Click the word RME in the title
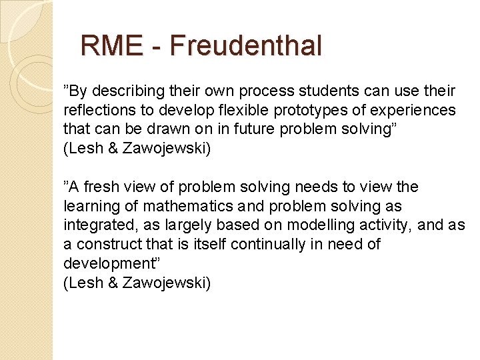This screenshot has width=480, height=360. coord(111,45)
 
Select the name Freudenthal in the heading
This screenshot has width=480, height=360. coord(246,45)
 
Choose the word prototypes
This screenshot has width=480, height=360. coord(313,109)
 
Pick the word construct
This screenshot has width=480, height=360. coord(108,244)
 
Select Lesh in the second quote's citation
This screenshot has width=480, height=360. coord(82,283)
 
